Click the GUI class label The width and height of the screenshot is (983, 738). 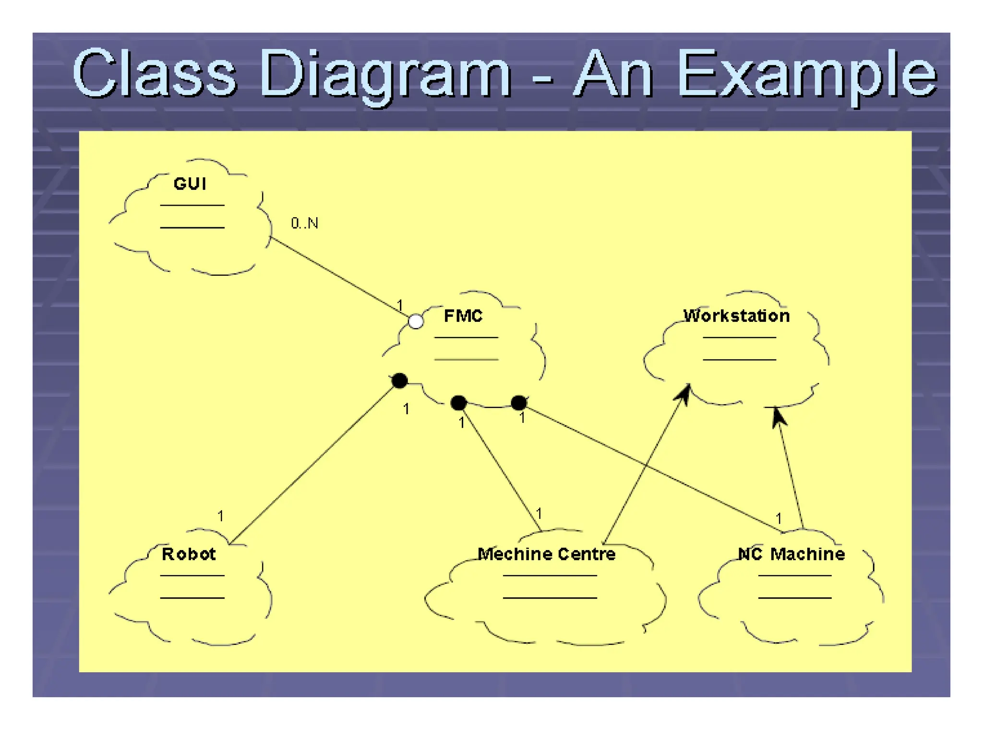click(x=190, y=184)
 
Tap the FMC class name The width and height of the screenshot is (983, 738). click(x=463, y=316)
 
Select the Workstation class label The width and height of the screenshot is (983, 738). click(x=736, y=316)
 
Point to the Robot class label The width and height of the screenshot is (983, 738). click(x=189, y=554)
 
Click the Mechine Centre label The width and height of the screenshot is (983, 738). click(x=547, y=554)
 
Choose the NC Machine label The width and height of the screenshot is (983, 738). click(x=791, y=554)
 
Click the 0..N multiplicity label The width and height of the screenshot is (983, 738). click(x=304, y=223)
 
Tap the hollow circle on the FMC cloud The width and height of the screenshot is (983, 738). click(x=416, y=321)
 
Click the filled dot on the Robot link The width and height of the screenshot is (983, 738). click(x=399, y=381)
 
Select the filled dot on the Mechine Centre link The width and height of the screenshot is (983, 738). click(x=459, y=403)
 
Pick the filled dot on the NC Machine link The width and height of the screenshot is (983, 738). click(x=518, y=403)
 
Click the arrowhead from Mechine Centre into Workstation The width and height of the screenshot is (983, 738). click(x=684, y=393)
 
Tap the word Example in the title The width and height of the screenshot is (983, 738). click(x=806, y=74)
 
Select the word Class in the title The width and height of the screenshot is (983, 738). click(x=155, y=74)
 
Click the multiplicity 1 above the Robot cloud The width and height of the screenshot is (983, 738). click(x=220, y=516)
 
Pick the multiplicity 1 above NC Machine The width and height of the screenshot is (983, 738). click(x=779, y=518)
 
